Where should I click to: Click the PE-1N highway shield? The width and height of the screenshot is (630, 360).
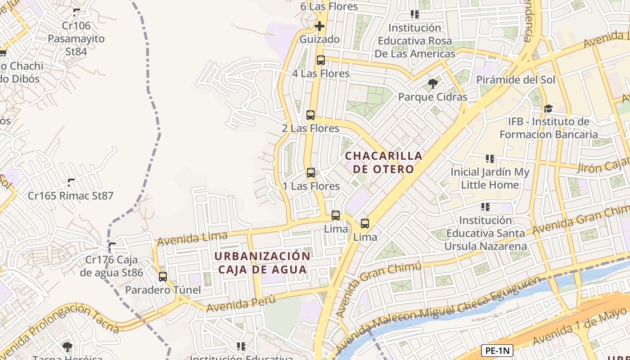click(x=497, y=351)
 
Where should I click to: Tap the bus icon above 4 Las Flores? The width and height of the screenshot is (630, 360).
click(x=320, y=60)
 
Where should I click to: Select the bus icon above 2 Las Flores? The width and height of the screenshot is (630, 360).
click(x=310, y=115)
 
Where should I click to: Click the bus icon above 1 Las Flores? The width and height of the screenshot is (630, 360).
click(x=310, y=173)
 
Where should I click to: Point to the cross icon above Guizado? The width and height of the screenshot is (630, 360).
click(x=319, y=26)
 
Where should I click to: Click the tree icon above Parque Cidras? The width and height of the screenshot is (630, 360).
click(x=432, y=84)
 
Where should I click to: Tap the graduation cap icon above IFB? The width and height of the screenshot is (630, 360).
click(x=548, y=108)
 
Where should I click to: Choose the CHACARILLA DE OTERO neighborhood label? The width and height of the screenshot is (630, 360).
click(x=384, y=162)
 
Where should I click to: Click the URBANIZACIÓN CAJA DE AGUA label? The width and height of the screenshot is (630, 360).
click(x=262, y=263)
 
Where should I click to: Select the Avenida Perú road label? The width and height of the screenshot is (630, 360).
click(x=240, y=303)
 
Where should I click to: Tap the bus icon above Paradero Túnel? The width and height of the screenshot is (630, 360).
click(x=163, y=277)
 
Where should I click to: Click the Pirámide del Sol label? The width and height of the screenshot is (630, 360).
click(x=516, y=80)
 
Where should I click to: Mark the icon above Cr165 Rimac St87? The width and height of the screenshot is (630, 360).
click(x=71, y=183)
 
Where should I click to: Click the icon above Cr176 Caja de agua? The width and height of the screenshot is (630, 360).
click(x=112, y=247)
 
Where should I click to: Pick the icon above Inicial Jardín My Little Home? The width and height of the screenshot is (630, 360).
click(x=490, y=159)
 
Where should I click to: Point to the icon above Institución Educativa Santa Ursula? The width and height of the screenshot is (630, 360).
click(x=485, y=207)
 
